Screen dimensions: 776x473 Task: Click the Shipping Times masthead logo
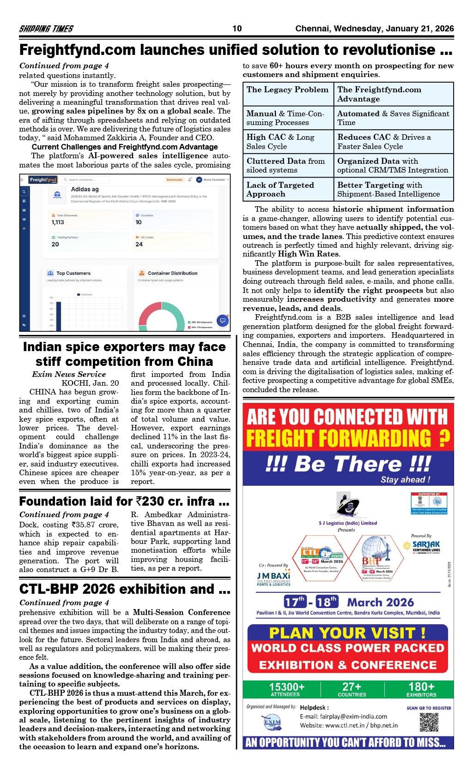[x=46, y=29]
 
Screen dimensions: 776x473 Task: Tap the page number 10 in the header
[x=237, y=29]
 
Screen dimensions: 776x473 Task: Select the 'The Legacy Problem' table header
[x=287, y=90]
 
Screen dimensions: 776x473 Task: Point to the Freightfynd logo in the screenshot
[x=43, y=179]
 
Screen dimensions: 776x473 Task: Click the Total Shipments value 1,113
[x=58, y=222]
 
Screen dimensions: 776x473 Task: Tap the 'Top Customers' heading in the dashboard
[x=73, y=273]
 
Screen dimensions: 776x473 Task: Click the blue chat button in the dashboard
[x=223, y=320]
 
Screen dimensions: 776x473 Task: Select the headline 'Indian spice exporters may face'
[x=124, y=347]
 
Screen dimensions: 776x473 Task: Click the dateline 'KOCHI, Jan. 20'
[x=90, y=383]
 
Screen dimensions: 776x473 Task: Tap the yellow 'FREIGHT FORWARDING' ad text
[x=339, y=438]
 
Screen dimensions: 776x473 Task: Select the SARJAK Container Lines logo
[x=425, y=546]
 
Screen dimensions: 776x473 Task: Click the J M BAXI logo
[x=273, y=577]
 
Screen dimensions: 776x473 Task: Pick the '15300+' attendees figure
[x=286, y=687]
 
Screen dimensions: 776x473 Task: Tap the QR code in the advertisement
[x=429, y=722]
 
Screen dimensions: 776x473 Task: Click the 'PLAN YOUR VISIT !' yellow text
[x=347, y=633]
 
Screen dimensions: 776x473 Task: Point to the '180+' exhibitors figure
[x=421, y=687]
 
